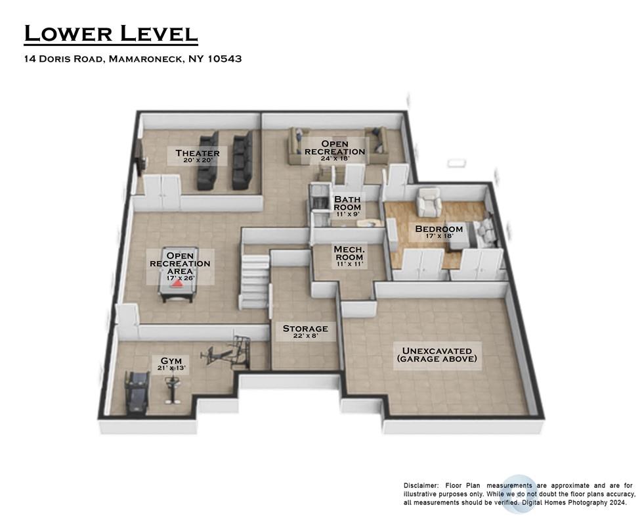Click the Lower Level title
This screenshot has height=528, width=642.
(111, 34)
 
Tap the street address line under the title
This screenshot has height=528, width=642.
(133, 59)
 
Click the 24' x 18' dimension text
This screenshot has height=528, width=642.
(335, 158)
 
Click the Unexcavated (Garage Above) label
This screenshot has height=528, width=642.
(437, 355)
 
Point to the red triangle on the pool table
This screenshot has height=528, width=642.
(177, 283)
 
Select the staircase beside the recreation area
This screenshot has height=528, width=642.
(254, 281)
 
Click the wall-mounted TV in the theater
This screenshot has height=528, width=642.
(140, 158)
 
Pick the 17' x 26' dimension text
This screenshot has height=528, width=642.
(180, 278)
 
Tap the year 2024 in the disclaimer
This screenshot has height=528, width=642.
(618, 502)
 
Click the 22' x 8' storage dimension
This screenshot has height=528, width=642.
(305, 336)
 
